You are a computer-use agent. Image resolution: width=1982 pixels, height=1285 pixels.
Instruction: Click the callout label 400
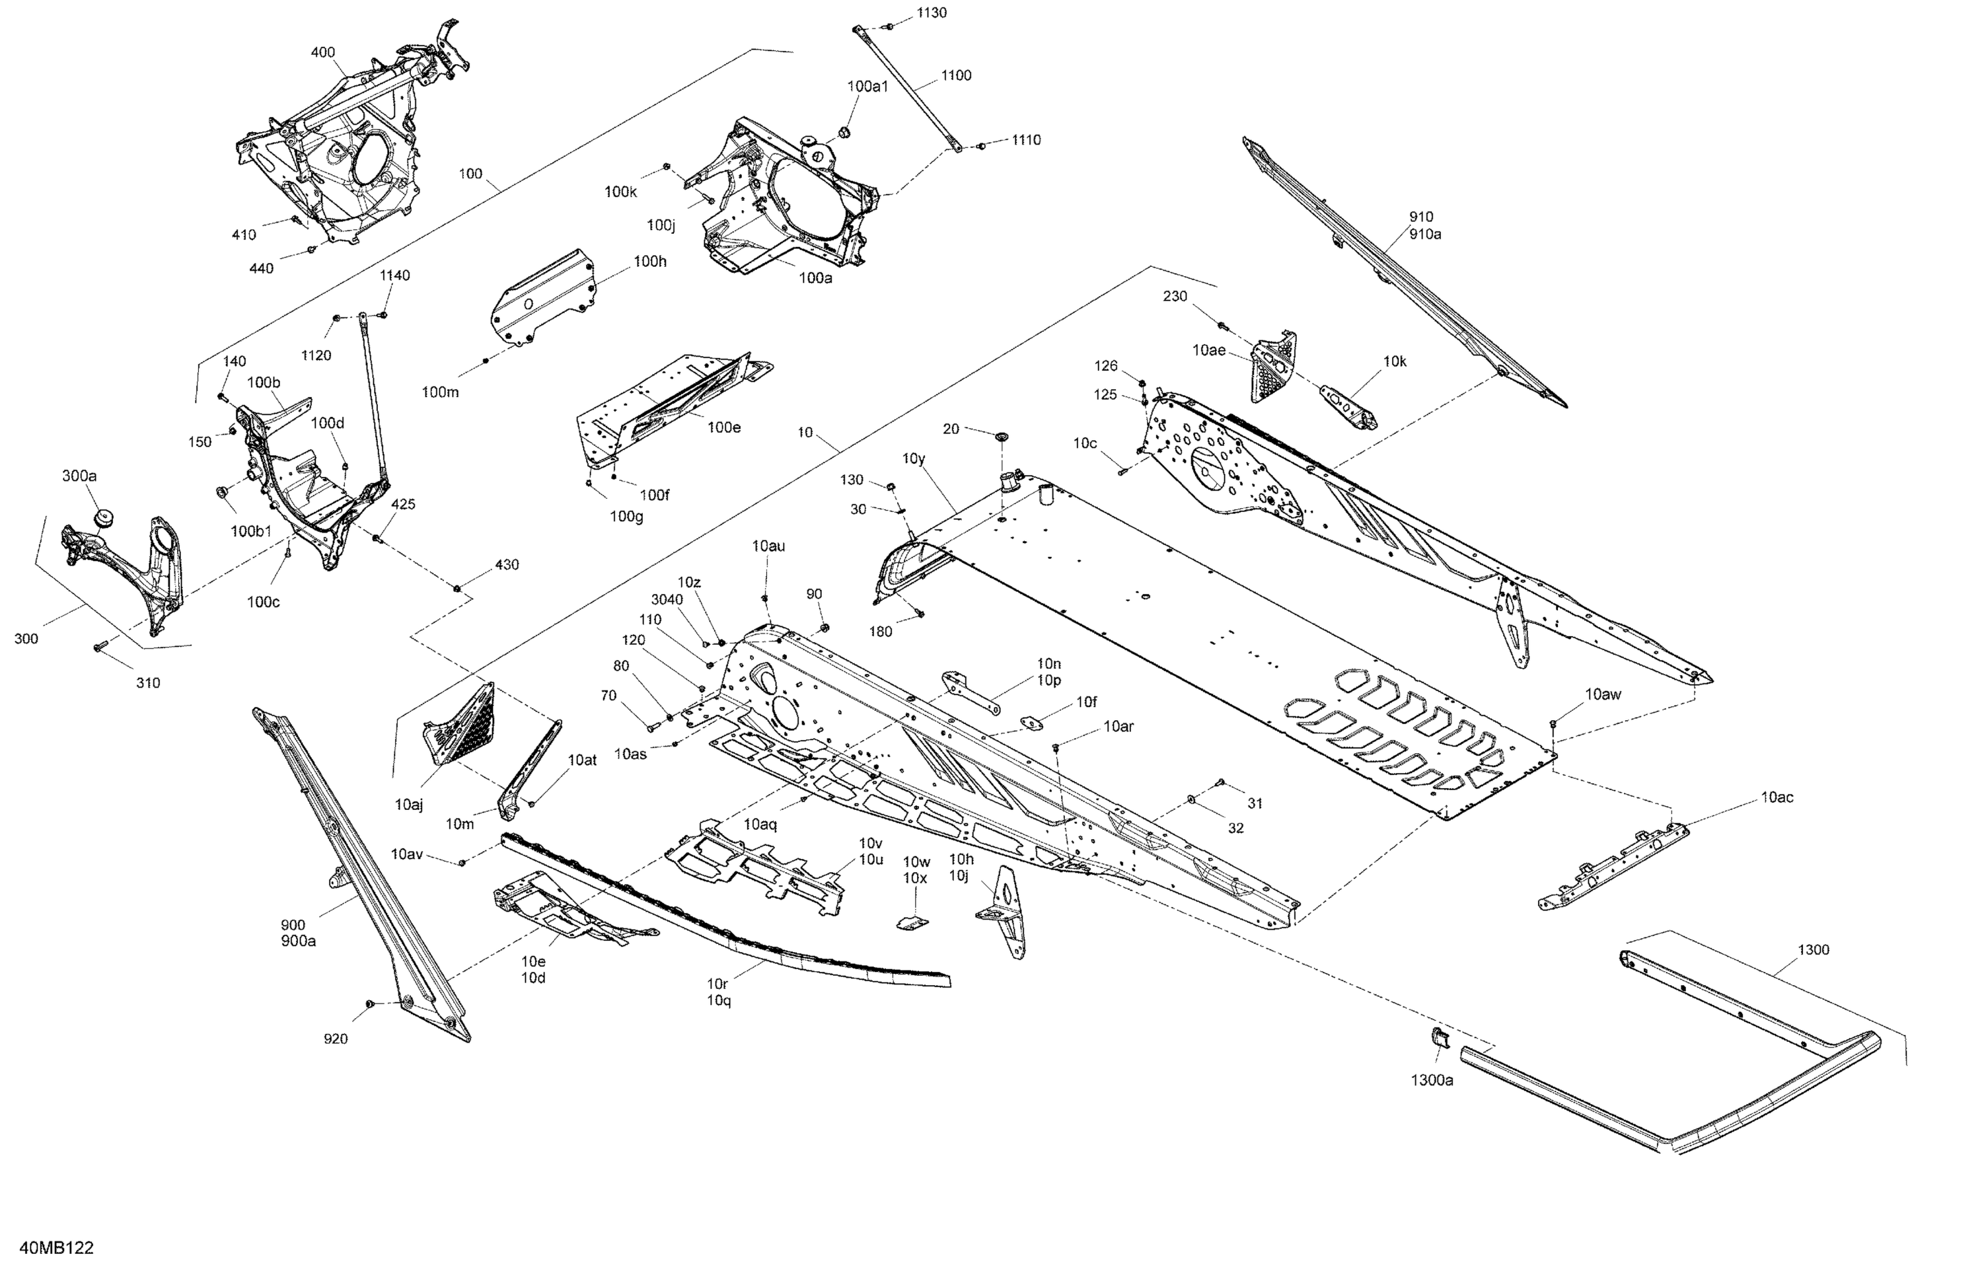pos(323,52)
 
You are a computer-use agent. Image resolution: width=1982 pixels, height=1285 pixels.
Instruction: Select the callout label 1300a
pos(1432,1080)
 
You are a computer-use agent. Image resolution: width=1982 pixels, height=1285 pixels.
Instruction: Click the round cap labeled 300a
pos(104,518)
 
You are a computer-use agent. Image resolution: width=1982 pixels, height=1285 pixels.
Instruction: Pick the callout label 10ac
pos(1777,797)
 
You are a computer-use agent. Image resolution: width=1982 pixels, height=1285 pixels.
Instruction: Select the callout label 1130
pos(931,13)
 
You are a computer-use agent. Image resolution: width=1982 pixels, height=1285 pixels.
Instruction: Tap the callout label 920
pos(336,1039)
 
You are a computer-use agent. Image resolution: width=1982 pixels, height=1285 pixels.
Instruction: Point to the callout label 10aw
pos(1602,694)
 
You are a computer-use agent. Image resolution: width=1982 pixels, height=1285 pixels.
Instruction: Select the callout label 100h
pos(649,262)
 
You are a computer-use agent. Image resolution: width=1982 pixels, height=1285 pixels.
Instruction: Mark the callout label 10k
pos(1394,361)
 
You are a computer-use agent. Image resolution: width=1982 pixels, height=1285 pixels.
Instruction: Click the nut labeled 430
pos(457,588)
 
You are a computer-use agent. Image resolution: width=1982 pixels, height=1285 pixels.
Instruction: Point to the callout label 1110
pos(1026,140)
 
